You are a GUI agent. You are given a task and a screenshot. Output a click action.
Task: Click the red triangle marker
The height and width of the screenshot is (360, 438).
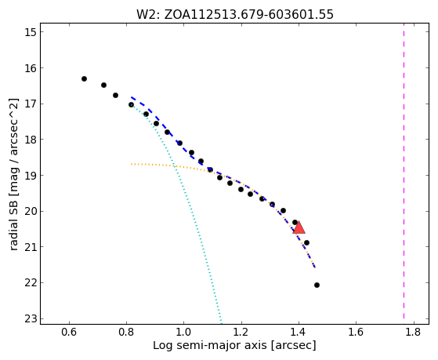click(x=299, y=227)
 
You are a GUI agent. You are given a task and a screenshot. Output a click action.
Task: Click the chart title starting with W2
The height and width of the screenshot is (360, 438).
click(x=234, y=15)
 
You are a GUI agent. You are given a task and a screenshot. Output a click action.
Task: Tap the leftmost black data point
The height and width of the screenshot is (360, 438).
click(x=84, y=79)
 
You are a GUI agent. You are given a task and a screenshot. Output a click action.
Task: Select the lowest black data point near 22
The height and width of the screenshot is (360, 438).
click(x=317, y=285)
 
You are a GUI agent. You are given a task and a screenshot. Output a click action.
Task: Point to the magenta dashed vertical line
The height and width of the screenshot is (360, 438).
click(x=404, y=171)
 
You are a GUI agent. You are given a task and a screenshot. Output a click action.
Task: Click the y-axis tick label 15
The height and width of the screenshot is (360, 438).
click(x=31, y=32)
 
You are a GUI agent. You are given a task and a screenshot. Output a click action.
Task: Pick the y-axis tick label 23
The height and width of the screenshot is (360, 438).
click(x=31, y=319)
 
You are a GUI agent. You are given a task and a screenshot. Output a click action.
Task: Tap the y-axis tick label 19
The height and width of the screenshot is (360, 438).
click(x=31, y=176)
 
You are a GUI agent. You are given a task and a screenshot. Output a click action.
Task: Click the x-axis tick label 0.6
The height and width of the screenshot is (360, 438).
click(x=69, y=332)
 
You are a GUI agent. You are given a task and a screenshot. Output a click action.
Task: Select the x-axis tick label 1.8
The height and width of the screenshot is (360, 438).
click(x=414, y=332)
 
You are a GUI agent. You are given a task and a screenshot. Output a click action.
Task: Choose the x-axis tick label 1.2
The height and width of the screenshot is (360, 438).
click(x=241, y=332)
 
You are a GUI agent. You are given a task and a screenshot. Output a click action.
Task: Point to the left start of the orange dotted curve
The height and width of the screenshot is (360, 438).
click(x=132, y=164)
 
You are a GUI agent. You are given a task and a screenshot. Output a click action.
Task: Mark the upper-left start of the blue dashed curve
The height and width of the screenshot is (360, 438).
click(x=132, y=97)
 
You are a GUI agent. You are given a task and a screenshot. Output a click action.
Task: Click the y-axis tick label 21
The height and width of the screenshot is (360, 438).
click(x=31, y=247)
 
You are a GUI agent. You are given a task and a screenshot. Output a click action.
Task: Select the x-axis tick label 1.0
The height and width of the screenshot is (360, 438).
click(x=184, y=332)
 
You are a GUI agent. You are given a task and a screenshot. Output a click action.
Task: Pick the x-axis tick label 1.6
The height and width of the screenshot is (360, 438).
click(x=357, y=332)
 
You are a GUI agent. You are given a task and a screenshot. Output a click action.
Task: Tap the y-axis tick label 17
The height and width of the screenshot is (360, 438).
click(x=31, y=104)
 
